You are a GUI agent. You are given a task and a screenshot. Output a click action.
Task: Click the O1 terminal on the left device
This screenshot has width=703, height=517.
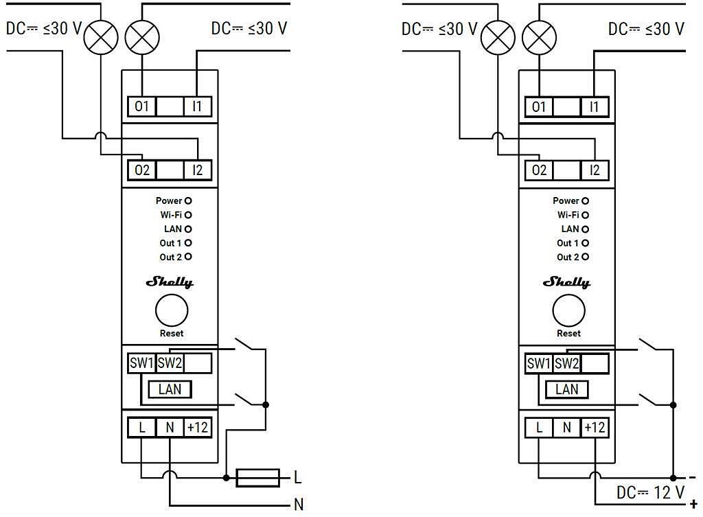[x=142, y=106]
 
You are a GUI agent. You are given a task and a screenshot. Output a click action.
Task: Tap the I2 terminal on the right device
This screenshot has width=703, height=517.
[x=595, y=170]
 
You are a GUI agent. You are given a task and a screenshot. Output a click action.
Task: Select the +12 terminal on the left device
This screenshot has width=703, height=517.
[x=198, y=427]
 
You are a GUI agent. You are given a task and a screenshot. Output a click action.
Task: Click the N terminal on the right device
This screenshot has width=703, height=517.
[x=567, y=427]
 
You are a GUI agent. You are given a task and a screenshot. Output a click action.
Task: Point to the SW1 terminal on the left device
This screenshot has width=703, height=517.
[x=141, y=363]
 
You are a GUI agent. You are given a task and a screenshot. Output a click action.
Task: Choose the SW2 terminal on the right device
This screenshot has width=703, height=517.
[x=567, y=363]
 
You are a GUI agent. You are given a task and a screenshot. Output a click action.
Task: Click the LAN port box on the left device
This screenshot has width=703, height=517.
[x=170, y=389]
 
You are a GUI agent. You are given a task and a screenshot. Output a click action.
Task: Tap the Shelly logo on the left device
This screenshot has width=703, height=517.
[x=170, y=282]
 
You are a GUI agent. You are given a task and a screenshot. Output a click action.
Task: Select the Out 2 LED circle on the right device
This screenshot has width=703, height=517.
[x=586, y=257]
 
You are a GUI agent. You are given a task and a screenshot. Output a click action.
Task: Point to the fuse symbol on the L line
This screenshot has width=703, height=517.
[x=257, y=477]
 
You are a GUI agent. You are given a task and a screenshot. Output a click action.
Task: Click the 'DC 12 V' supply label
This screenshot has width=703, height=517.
[x=650, y=492]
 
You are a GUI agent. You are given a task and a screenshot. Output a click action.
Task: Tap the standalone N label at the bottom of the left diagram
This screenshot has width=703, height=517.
[x=299, y=505]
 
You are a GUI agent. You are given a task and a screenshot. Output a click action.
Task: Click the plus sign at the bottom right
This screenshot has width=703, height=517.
[x=693, y=504]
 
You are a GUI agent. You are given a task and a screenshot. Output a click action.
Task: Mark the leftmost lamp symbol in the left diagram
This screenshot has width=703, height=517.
[x=101, y=37]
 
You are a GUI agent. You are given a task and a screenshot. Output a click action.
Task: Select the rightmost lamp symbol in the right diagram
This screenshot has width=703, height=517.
[x=539, y=37]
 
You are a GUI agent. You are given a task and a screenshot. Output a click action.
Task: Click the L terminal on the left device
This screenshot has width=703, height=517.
[x=142, y=427]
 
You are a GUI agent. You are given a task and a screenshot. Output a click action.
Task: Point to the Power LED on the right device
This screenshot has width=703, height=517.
[x=586, y=201]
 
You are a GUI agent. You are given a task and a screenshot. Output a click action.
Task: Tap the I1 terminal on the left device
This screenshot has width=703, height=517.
[x=198, y=106]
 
